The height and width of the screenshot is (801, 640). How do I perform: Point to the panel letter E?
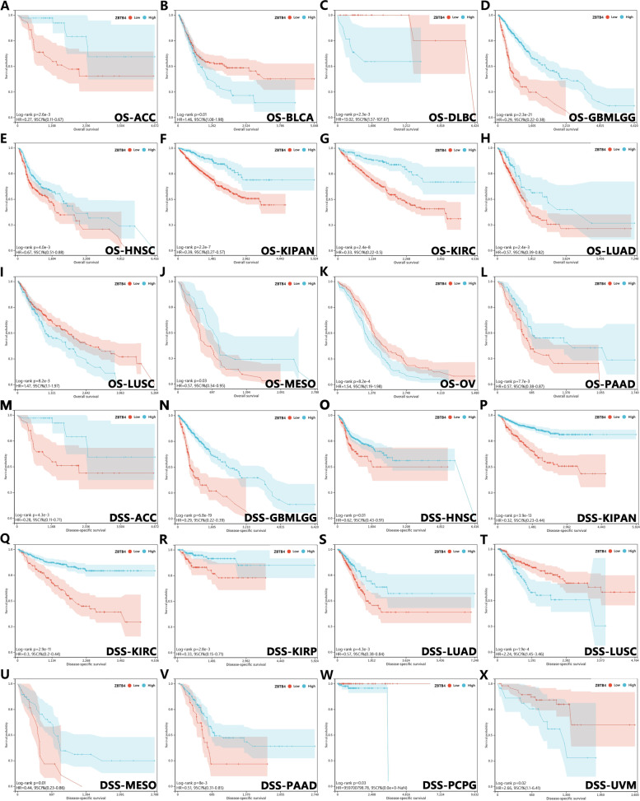point(5,141)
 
